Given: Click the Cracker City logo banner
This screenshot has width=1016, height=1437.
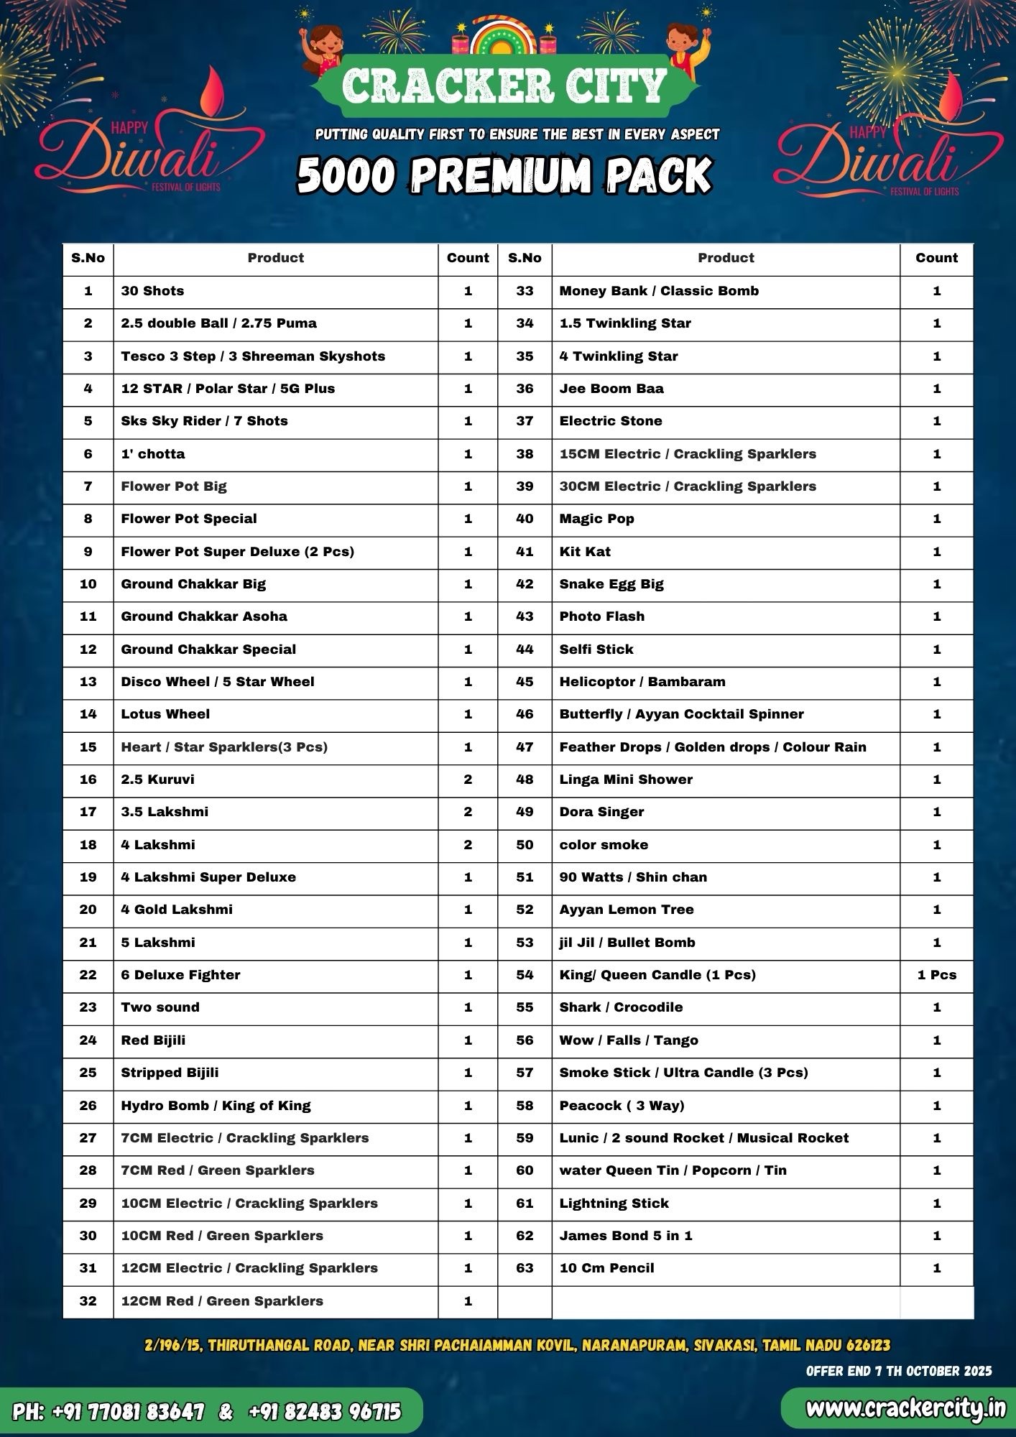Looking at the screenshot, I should click(505, 85).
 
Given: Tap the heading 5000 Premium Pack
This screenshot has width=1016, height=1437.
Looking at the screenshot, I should click(505, 175).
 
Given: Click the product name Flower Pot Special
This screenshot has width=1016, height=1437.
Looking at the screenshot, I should click(189, 519).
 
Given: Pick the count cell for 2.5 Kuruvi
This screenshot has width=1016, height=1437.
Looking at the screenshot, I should click(468, 780).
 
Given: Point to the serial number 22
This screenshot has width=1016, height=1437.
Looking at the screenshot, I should click(88, 975).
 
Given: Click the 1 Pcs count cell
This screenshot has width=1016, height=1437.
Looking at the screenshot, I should click(936, 975).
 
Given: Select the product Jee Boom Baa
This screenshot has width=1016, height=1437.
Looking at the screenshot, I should click(611, 389).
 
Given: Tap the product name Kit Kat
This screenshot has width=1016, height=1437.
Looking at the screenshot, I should click(585, 552).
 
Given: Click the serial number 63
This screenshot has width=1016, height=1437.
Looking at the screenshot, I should click(525, 1268).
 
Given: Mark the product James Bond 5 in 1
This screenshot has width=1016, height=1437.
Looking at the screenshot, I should click(626, 1236).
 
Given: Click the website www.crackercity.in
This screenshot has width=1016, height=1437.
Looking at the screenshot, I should click(905, 1410).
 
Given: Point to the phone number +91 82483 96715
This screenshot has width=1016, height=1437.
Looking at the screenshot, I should click(325, 1412).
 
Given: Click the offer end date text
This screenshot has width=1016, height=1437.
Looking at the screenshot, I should click(899, 1371).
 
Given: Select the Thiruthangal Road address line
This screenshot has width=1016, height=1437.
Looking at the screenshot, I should click(517, 1345).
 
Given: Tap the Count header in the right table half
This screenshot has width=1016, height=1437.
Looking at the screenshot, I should click(936, 258).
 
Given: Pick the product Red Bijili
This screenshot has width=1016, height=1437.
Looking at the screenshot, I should click(153, 1040).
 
